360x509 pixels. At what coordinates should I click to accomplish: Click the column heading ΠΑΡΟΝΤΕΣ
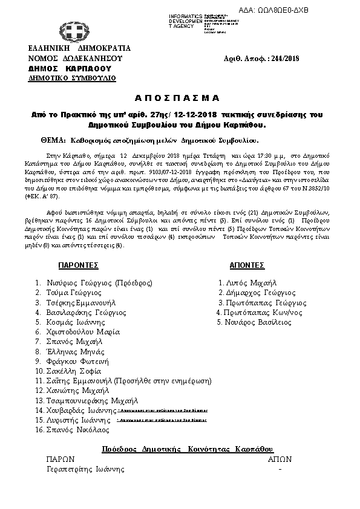tap(79, 265)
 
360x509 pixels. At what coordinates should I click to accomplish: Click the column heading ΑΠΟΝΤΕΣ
tap(247, 265)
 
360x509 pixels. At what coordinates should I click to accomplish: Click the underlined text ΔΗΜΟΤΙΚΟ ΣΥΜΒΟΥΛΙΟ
tap(72, 78)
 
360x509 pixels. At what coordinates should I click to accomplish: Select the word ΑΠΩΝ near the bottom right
tap(280, 459)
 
